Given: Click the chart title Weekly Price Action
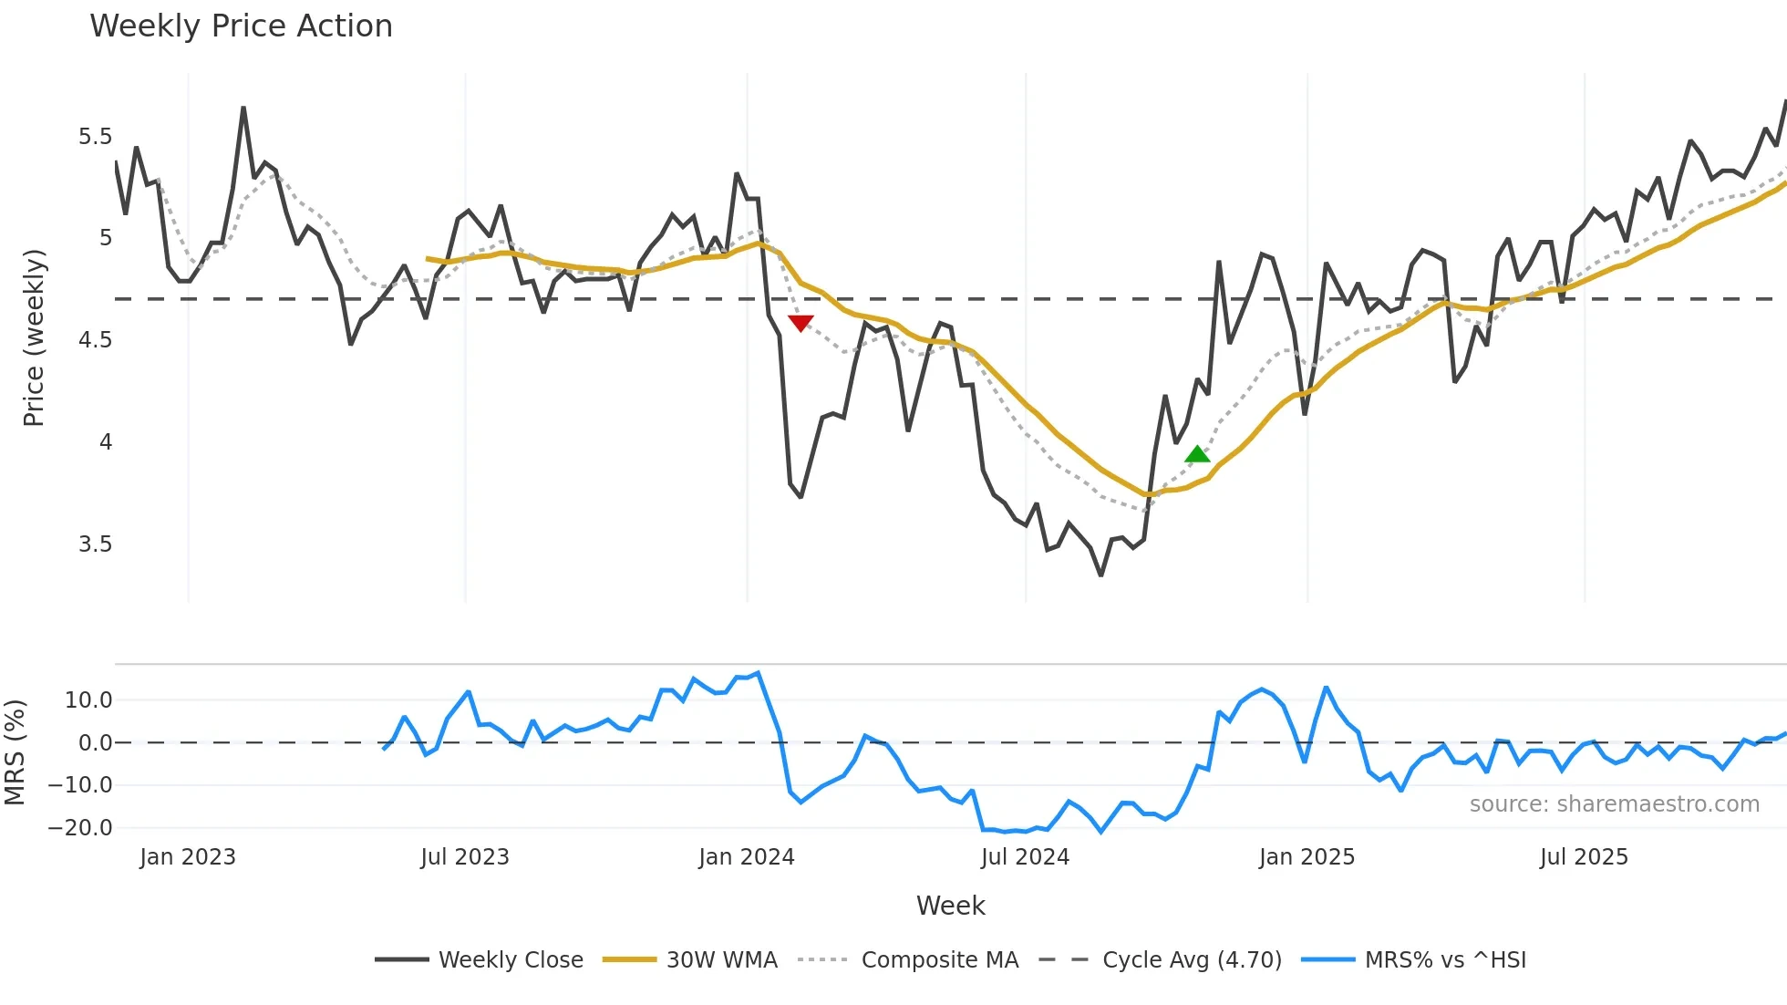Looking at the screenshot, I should pyautogui.click(x=241, y=26).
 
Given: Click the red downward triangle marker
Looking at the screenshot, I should pyautogui.click(x=801, y=323).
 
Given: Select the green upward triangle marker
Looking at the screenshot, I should pyautogui.click(x=1197, y=454).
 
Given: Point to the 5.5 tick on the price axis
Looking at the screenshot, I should pyautogui.click(x=95, y=137).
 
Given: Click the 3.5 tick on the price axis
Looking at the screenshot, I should pyautogui.click(x=95, y=544).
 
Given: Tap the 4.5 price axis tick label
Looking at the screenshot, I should pyautogui.click(x=95, y=340).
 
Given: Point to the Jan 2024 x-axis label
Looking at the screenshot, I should pyautogui.click(x=747, y=857).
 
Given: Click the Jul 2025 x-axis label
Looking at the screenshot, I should pyautogui.click(x=1584, y=857).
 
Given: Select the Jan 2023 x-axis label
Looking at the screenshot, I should pyautogui.click(x=188, y=857).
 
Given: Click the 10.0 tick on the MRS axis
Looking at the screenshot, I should pyautogui.click(x=88, y=700).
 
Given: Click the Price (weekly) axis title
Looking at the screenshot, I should pyautogui.click(x=34, y=337).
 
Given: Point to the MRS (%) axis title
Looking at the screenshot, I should pyautogui.click(x=15, y=752).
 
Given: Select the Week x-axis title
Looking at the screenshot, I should pyautogui.click(x=950, y=906).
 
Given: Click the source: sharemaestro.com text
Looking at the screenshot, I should pyautogui.click(x=1614, y=804).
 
